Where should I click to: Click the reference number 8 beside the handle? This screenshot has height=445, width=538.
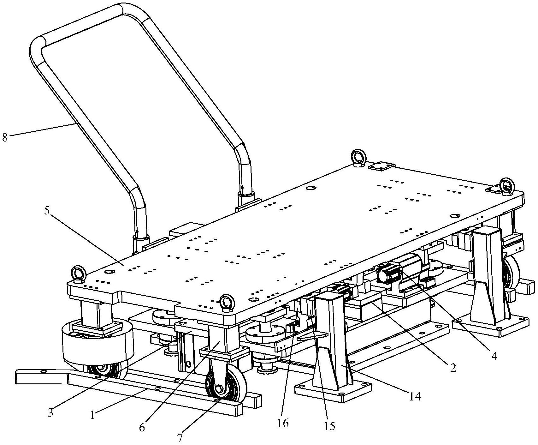pyautogui.click(x=5, y=138)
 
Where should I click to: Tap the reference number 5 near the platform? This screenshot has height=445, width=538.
pyautogui.click(x=47, y=211)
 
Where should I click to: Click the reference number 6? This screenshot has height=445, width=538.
pyautogui.click(x=142, y=428)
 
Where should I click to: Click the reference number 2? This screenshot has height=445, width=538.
pyautogui.click(x=453, y=368)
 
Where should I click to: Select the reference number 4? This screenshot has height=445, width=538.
pyautogui.click(x=494, y=356)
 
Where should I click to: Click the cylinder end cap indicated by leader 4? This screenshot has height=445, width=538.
pyautogui.click(x=388, y=273)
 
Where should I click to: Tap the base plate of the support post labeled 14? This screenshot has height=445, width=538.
pyautogui.click(x=333, y=392)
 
